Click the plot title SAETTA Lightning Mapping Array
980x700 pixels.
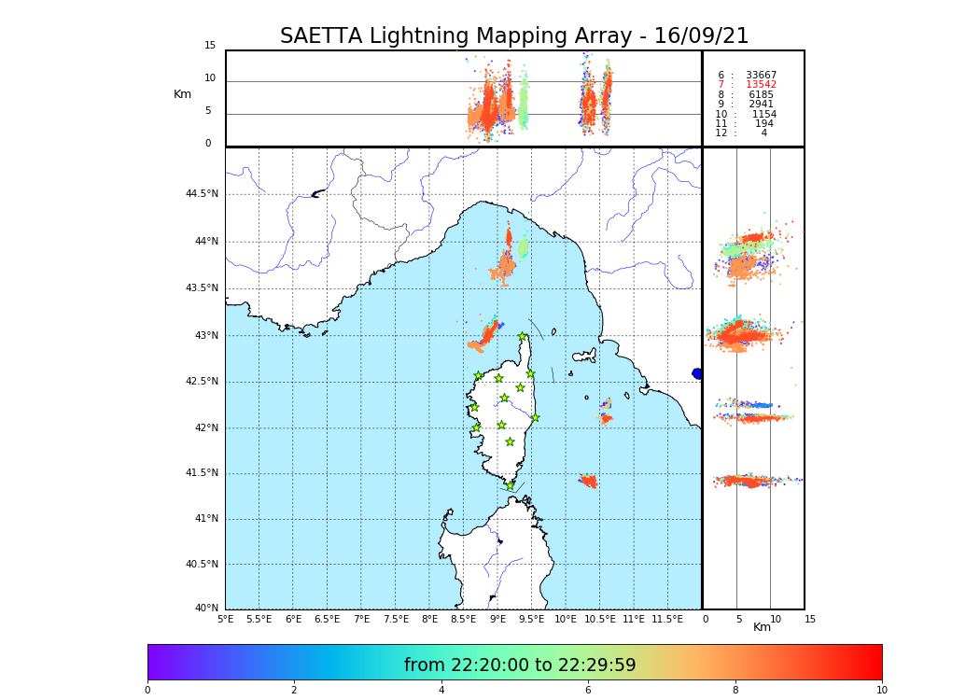514,36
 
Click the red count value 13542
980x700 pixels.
761,85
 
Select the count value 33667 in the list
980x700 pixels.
761,76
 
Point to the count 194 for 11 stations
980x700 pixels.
763,124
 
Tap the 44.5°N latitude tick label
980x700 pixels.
202,194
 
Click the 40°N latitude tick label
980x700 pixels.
206,609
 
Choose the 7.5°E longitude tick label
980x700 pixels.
396,620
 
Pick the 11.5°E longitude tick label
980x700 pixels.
667,620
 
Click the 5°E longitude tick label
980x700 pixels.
225,620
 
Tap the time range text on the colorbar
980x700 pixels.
520,665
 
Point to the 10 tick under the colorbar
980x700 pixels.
881,691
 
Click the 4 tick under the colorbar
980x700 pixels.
441,691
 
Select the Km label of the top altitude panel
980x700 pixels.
182,94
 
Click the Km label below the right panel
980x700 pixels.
762,627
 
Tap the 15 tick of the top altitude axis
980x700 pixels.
210,46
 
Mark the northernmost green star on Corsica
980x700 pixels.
523,337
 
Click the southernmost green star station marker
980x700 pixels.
510,485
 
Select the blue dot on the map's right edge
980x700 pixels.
697,373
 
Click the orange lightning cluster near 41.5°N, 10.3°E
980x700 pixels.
589,482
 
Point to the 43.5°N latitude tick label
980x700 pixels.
202,288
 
